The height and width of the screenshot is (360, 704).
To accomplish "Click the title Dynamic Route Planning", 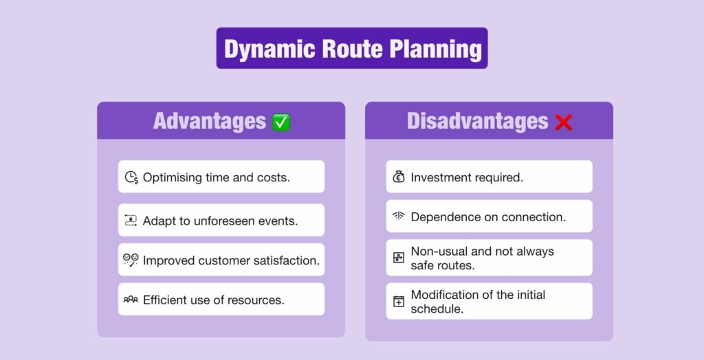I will [x=352, y=49].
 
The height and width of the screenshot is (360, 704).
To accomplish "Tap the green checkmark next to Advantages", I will [x=281, y=122].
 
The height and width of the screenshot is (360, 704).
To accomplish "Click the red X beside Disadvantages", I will [x=563, y=122].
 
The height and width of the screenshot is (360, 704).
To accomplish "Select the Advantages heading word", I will [x=209, y=122].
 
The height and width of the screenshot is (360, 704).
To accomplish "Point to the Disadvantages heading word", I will [x=477, y=122].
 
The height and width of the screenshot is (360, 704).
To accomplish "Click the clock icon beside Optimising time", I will [x=131, y=177].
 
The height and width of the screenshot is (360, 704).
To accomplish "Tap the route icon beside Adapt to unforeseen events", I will [x=131, y=221].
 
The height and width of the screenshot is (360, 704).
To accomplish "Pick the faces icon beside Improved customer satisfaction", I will [x=131, y=260].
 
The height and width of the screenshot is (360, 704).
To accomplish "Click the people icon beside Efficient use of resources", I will [x=131, y=300].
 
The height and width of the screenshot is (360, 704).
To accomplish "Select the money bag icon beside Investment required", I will [x=399, y=177].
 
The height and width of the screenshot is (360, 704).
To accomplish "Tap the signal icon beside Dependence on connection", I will [x=399, y=216].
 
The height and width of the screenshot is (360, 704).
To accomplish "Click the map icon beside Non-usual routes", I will [x=399, y=258].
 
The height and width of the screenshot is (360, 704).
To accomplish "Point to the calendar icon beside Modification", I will [x=399, y=301].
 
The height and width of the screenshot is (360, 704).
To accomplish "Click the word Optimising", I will [x=172, y=177].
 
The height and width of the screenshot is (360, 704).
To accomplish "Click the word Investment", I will [x=441, y=177].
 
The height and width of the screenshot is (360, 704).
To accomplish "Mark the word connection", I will [x=533, y=216].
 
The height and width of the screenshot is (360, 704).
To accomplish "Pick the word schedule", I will [x=436, y=308].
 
